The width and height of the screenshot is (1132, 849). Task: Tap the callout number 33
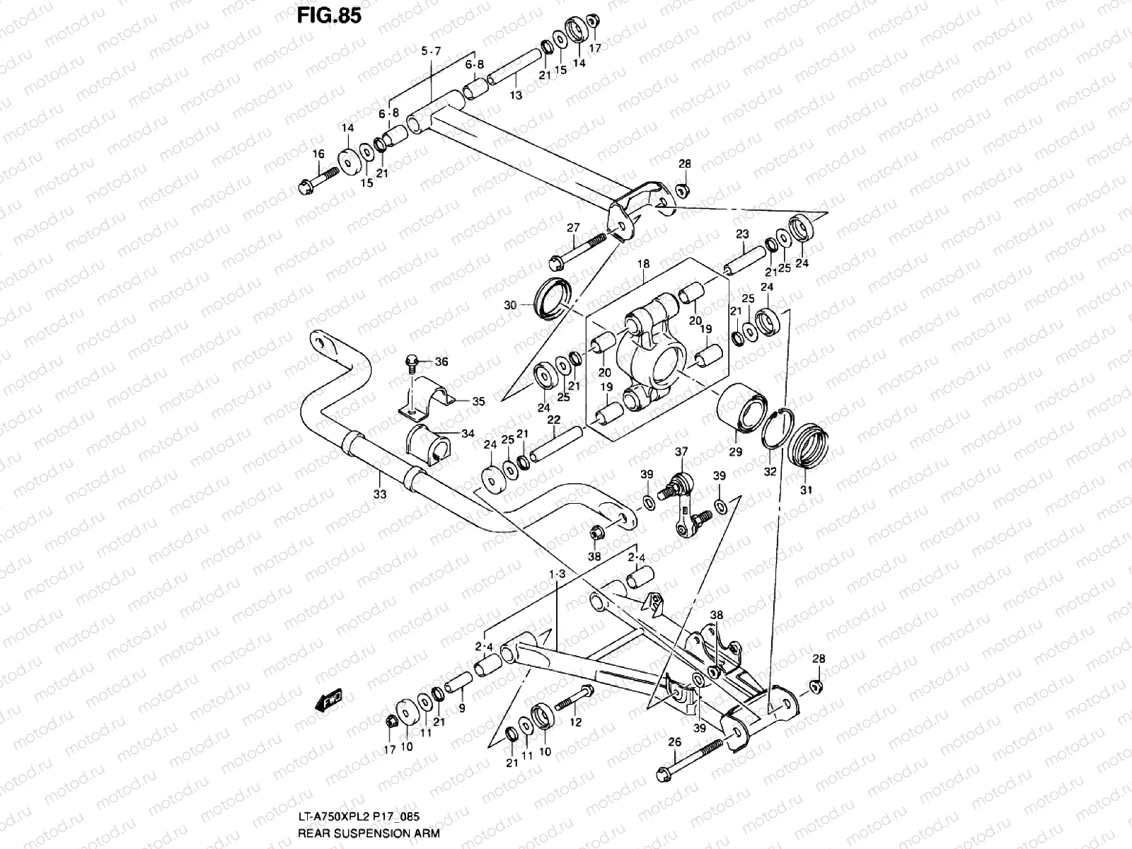point(380,495)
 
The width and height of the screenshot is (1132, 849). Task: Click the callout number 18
point(643,264)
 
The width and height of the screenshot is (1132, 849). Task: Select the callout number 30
point(510,305)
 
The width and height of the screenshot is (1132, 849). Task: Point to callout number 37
point(681,451)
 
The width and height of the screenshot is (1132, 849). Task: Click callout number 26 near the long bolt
point(674,742)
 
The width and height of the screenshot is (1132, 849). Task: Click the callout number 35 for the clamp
point(478,401)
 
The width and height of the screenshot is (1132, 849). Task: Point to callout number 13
point(516,95)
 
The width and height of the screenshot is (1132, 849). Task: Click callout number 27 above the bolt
point(573,228)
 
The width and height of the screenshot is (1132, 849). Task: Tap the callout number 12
point(575,722)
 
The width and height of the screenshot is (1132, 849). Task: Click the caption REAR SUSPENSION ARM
point(369,833)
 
